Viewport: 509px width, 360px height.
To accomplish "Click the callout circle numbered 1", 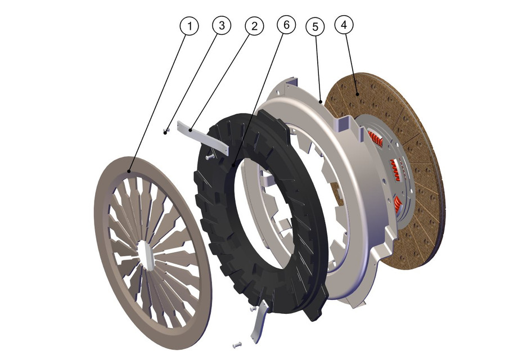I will (x=190, y=26).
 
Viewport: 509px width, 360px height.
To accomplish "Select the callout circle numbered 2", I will (x=254, y=26).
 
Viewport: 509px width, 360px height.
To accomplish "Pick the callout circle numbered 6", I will (x=286, y=26).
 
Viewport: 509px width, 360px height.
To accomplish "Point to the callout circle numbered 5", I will (x=316, y=26).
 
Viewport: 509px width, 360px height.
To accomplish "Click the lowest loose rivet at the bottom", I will (x=235, y=344).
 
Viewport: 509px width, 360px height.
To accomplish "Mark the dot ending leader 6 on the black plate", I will (x=231, y=165).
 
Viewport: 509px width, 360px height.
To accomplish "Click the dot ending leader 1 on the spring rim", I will (x=129, y=171).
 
